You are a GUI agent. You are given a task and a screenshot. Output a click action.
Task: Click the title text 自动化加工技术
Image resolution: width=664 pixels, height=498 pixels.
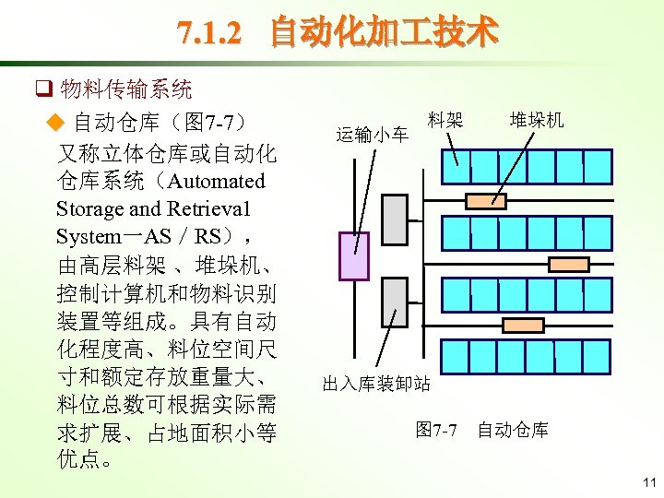(x=383, y=33)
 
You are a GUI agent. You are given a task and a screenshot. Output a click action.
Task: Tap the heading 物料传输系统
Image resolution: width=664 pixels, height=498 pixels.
(x=126, y=89)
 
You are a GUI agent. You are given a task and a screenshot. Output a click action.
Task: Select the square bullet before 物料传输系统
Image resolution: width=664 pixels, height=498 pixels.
(x=41, y=90)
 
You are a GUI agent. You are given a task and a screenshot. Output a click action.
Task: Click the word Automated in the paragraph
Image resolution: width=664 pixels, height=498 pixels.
(x=217, y=181)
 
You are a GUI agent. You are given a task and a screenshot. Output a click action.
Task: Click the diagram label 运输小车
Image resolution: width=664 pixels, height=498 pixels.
(x=373, y=136)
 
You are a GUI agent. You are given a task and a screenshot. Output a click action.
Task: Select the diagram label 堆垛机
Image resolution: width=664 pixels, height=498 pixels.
(x=537, y=120)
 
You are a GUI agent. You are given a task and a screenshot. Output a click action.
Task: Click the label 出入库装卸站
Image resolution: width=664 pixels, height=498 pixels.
(x=376, y=384)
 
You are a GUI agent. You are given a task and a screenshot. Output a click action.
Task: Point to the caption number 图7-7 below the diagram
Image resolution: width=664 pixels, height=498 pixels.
(x=436, y=430)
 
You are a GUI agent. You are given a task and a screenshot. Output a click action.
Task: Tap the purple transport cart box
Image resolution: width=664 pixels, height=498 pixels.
(x=354, y=255)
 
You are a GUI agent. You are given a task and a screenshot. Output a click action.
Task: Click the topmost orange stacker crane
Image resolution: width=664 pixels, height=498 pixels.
(x=486, y=201)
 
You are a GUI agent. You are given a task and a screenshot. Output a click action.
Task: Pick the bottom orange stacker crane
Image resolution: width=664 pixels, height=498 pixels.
(x=523, y=325)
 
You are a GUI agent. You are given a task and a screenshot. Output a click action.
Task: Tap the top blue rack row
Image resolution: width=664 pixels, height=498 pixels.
(x=527, y=168)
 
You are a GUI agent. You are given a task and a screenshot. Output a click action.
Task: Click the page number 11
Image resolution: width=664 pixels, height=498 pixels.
(x=648, y=482)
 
